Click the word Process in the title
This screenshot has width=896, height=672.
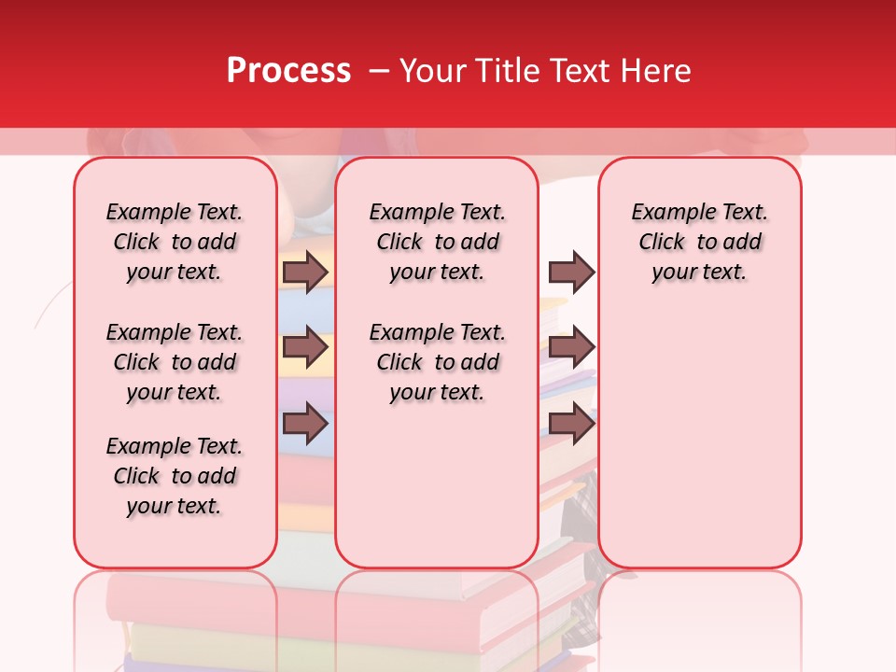coord(288,70)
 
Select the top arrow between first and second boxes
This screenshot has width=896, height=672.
coord(304,272)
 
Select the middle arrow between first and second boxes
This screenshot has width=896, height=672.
coord(304,348)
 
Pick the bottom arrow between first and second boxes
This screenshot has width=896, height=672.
coord(304,424)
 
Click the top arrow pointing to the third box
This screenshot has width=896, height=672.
coord(571,272)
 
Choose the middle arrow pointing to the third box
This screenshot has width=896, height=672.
coord(571,348)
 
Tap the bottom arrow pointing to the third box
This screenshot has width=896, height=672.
coord(571,424)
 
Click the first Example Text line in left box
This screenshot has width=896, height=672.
coord(175,212)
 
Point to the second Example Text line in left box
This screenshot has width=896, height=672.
coord(175,332)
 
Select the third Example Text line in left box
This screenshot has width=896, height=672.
coord(175,446)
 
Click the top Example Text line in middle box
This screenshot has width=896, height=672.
coord(437,212)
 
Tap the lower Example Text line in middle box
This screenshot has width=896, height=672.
coord(437,332)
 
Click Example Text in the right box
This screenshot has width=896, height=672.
coord(699,212)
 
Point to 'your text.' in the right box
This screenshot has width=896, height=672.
coord(699,273)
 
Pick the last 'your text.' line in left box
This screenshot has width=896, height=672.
coord(175,506)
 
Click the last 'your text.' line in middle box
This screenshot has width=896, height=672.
coord(437,393)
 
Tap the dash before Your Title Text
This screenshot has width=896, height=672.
coord(380,71)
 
